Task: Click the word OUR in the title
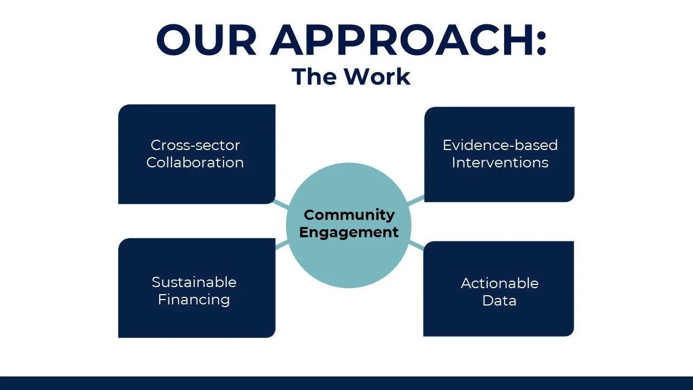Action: [x=206, y=41]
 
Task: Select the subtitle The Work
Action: [x=351, y=76]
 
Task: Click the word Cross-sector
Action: [x=195, y=145]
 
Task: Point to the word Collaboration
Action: [x=195, y=162]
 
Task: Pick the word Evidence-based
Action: [x=500, y=145]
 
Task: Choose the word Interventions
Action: [x=500, y=162]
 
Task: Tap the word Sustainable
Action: [x=194, y=282]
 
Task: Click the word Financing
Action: [x=194, y=300]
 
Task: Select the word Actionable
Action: [x=499, y=283]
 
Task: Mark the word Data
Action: [x=499, y=301]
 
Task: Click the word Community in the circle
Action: [x=349, y=215]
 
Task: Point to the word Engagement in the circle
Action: [x=349, y=232]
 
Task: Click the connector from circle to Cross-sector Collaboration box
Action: [x=282, y=204]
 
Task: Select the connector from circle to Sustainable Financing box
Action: [x=282, y=245]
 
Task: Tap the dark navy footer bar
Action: [x=346, y=383]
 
